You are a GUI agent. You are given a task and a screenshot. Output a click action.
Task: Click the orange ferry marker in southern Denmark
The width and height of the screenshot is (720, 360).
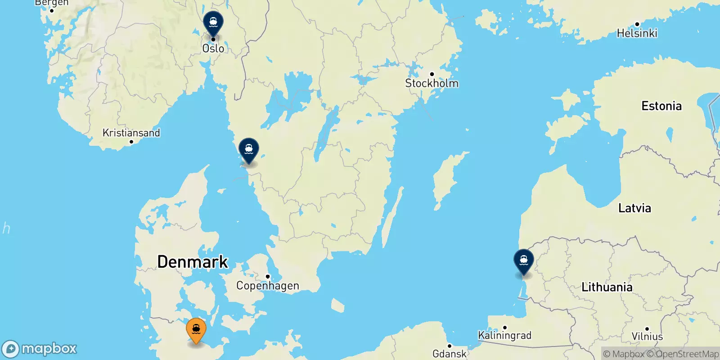(x=196, y=330)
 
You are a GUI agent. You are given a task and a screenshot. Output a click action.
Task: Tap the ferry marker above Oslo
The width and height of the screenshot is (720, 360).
(x=213, y=22)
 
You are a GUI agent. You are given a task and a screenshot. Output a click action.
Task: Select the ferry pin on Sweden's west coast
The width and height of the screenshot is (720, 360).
(x=249, y=149)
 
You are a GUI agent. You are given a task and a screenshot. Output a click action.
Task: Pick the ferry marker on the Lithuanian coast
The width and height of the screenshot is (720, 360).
(x=524, y=261)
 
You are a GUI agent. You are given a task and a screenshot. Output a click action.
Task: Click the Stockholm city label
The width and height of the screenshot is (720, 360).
(x=432, y=83)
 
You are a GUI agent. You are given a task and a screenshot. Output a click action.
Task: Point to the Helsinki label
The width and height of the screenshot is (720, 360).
(x=637, y=33)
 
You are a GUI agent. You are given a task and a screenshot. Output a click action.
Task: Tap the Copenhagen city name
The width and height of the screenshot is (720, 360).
(x=267, y=286)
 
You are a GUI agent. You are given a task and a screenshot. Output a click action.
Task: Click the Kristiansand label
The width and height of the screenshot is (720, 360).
(x=131, y=133)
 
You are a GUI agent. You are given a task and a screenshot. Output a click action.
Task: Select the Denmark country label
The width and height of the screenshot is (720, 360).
(x=193, y=262)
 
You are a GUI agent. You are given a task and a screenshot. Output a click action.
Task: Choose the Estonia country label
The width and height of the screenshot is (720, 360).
(x=661, y=106)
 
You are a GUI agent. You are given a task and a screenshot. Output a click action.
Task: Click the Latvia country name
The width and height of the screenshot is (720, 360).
(x=634, y=208)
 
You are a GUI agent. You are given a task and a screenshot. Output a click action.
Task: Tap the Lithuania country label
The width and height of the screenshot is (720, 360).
(x=607, y=287)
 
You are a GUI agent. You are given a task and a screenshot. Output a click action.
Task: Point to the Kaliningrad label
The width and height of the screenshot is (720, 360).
(x=504, y=335)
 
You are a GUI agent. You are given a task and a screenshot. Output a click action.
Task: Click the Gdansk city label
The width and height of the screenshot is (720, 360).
(x=449, y=354)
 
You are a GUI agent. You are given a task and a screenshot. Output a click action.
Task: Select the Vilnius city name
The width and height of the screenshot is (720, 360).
(x=647, y=337)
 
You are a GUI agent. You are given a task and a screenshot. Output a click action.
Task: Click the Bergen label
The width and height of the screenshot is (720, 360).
(x=51, y=3)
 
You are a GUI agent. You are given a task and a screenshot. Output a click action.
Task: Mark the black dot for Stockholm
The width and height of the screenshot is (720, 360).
(x=432, y=74)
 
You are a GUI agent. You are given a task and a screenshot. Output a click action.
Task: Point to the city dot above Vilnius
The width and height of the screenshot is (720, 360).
(x=647, y=329)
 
